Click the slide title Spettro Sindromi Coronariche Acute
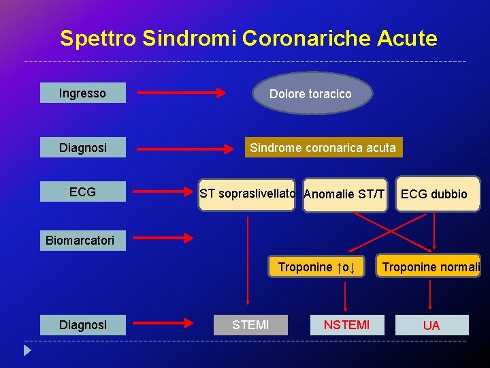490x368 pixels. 248,38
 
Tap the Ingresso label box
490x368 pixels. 82,93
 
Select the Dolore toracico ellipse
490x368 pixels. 312,94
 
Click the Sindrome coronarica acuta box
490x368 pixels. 322,148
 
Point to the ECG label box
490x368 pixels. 82,192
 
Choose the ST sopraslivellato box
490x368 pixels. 247,194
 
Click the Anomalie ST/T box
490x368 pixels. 344,195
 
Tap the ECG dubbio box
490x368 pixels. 434,195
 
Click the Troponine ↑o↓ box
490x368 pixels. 316,267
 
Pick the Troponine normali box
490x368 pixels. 430,267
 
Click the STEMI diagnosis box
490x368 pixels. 250,325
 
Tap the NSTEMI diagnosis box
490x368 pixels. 346,325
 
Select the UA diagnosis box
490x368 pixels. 431,325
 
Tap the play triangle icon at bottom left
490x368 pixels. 27,351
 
